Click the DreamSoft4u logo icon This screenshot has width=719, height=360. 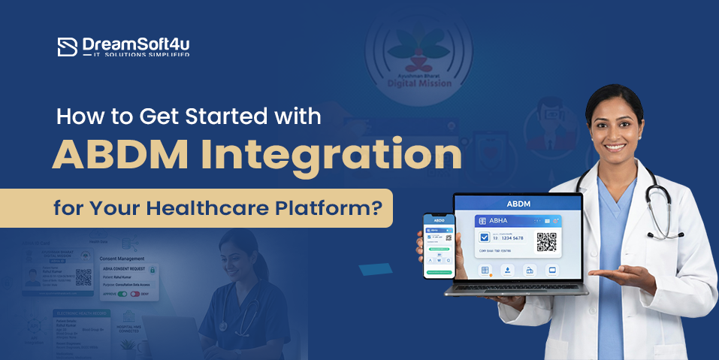68,47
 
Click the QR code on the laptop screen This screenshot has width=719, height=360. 546,242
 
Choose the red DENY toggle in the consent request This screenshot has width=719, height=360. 136,294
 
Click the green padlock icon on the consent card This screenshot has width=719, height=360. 153,269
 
